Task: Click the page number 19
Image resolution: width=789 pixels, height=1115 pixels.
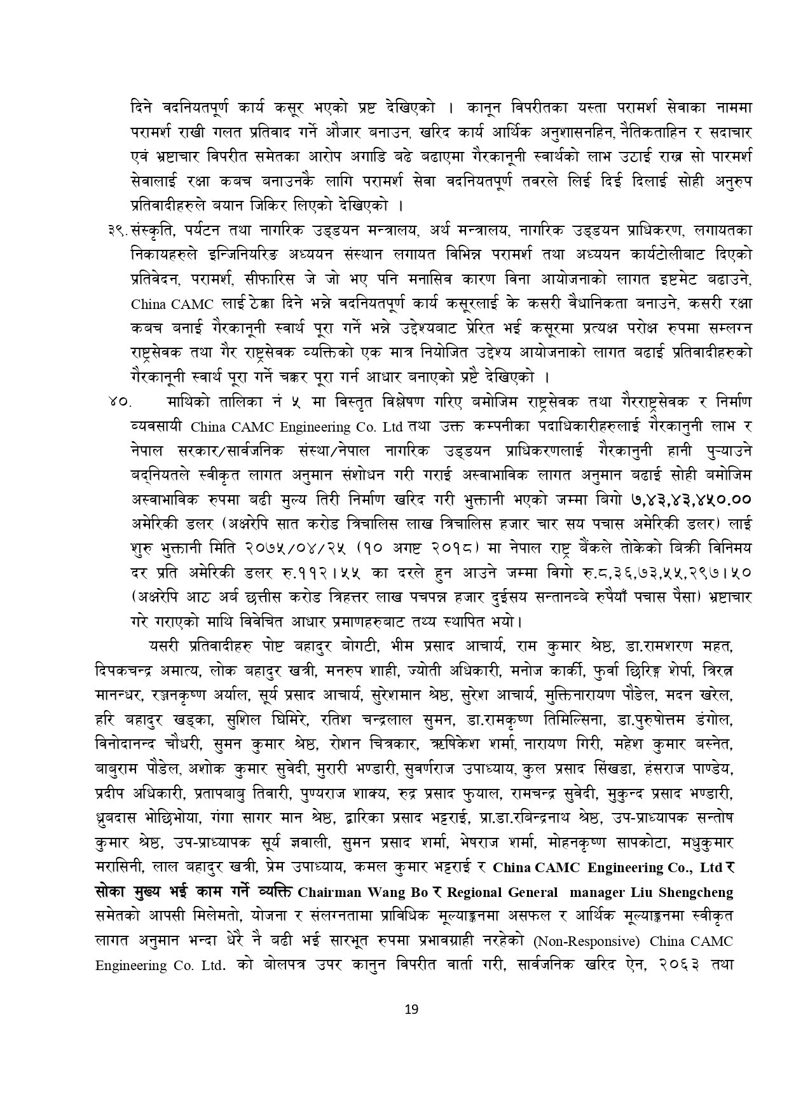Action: [411, 1009]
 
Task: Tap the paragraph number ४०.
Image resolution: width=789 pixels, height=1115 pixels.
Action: [119, 402]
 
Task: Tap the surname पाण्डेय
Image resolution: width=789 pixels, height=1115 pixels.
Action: [709, 770]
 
